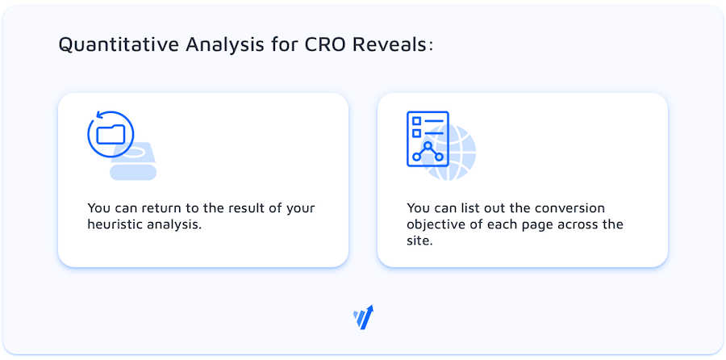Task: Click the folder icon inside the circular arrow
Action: (x=111, y=134)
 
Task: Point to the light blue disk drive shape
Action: (x=133, y=161)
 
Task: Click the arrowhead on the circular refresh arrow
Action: (x=98, y=115)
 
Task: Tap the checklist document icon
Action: (x=428, y=139)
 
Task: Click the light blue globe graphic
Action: (x=452, y=152)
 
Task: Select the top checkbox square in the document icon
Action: (x=417, y=121)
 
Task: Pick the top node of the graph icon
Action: (x=428, y=145)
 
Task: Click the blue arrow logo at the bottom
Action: (x=363, y=317)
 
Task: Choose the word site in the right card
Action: (x=417, y=241)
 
